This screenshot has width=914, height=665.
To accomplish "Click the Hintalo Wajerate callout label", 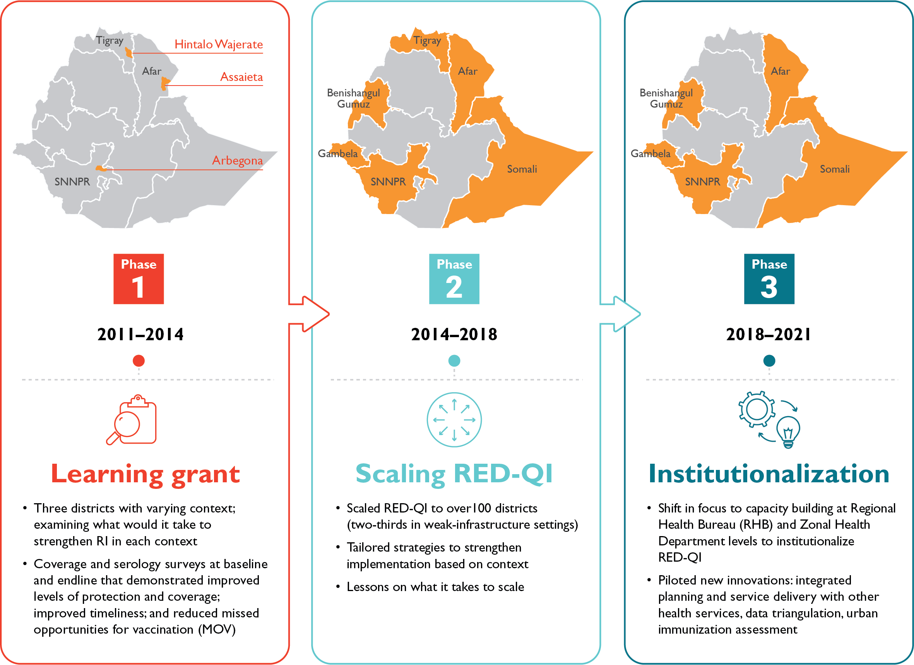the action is point(218,45).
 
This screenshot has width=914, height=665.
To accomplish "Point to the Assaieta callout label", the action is point(241,77).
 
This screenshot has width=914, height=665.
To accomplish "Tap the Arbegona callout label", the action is point(237,160).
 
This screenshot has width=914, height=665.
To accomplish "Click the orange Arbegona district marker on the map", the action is point(100,168).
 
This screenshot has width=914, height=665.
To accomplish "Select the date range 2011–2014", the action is point(140,334).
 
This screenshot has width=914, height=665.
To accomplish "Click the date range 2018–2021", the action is point(769,334).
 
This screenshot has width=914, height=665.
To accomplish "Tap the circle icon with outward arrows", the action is point(454,420).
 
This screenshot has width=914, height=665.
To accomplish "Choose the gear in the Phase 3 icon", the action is point(757,409).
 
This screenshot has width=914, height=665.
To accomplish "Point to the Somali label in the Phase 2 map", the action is point(522,169).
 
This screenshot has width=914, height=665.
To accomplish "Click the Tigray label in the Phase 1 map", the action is point(110,41).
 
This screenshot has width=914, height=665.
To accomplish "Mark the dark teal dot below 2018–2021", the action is point(769,361).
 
